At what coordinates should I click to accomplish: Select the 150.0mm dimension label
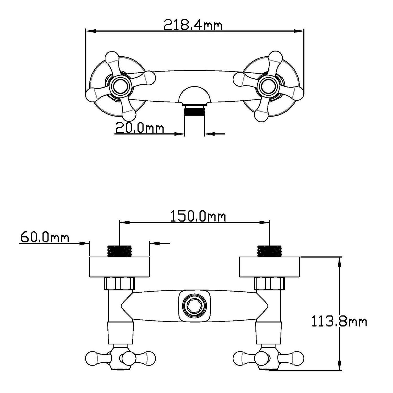pos(198,216)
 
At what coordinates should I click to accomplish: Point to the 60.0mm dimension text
pos(45,238)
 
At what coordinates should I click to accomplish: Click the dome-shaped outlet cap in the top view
pos(194,96)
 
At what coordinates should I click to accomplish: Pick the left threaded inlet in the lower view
pos(119,251)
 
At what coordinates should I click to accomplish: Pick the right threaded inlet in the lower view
pos(269,251)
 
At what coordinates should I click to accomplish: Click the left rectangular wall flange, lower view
pos(119,267)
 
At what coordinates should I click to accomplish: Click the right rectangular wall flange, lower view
pos(270,267)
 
